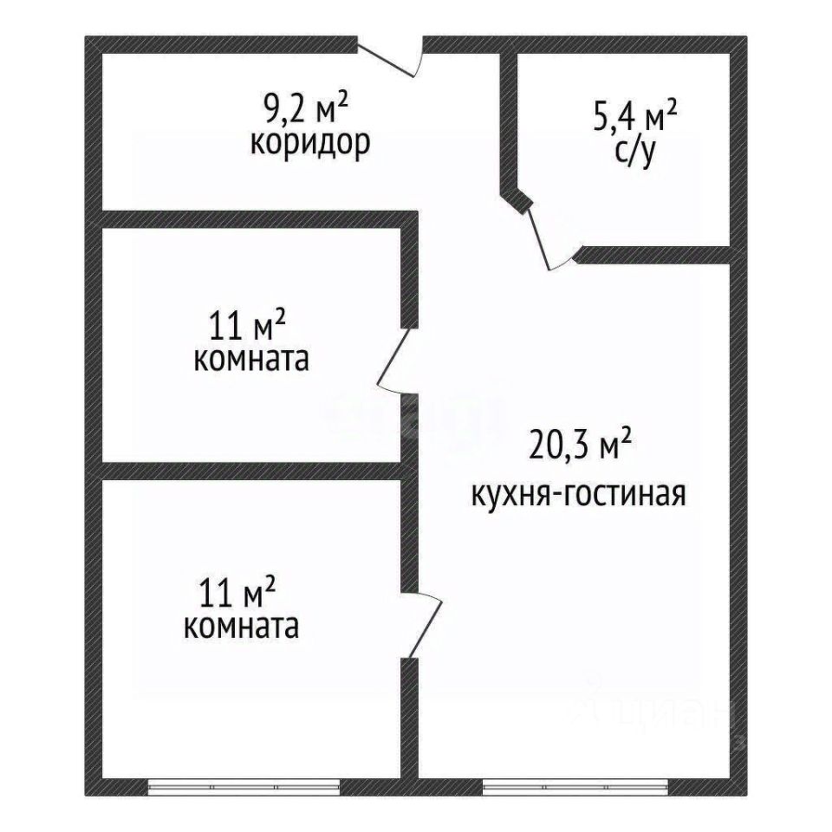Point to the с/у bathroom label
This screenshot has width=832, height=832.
tap(635, 152)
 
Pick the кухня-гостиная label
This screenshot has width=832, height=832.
tap(578, 495)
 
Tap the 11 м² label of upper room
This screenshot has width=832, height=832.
tap(247, 328)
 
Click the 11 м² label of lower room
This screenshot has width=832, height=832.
tap(237, 595)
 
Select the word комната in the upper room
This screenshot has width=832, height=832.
tap(250, 360)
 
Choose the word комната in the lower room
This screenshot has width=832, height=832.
tap(242, 626)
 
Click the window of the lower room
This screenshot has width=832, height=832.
tap(243, 787)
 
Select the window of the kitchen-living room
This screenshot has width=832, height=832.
tap(576, 787)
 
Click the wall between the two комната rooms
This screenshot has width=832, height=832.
tap(251, 471)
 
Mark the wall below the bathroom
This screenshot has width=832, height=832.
tap(654, 255)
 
